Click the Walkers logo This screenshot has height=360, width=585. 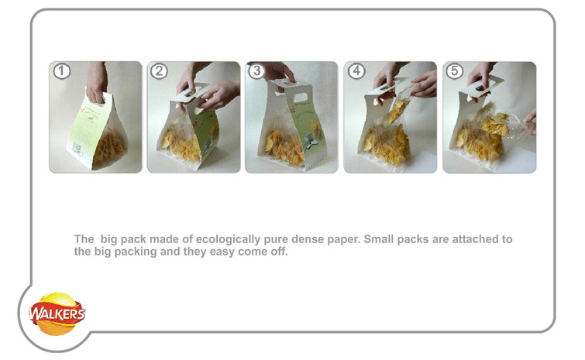tap(57, 314)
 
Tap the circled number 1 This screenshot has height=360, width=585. tap(61, 71)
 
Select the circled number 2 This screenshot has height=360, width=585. tap(159, 71)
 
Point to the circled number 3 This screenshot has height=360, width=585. tap(256, 70)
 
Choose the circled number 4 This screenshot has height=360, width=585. tap(356, 70)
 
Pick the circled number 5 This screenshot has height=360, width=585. tap(454, 70)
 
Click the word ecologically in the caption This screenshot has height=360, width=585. tap(228, 239)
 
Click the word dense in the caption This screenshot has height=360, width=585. tap(308, 239)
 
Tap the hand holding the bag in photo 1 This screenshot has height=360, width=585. tap(97, 82)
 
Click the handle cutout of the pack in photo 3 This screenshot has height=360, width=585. tap(301, 98)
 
